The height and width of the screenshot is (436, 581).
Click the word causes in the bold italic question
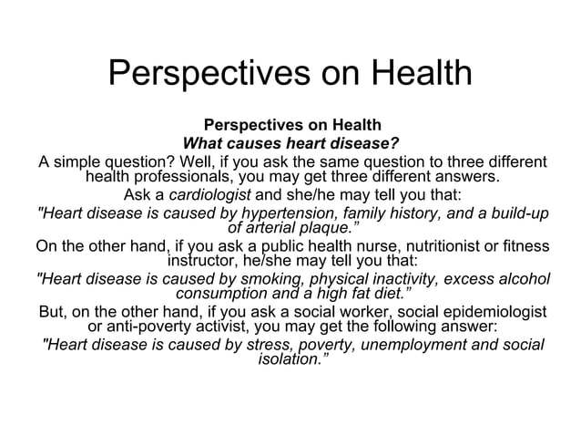tap(260, 143)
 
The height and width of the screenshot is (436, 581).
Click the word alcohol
tap(522, 279)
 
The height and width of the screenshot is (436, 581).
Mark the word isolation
tap(290, 360)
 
